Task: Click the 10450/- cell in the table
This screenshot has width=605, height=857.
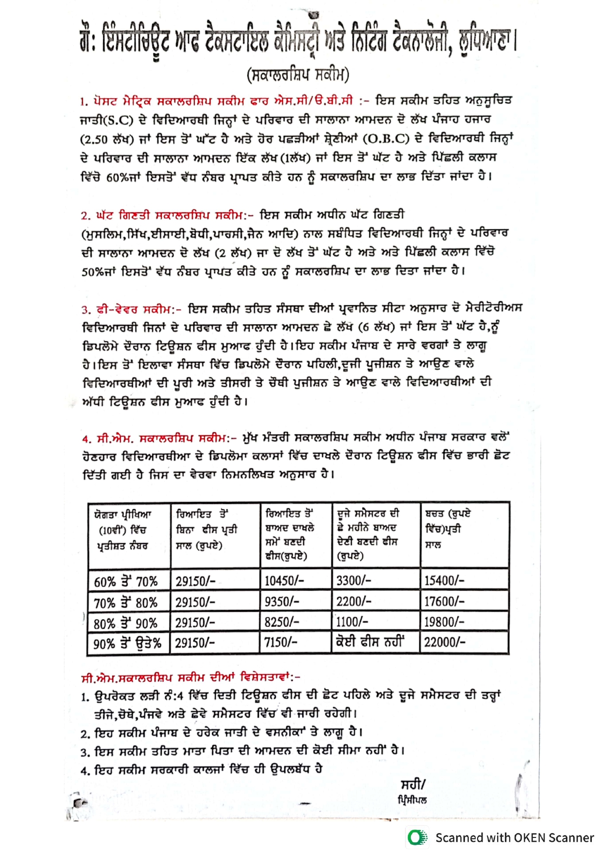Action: pyautogui.click(x=284, y=581)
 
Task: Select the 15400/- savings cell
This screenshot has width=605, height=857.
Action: pyautogui.click(x=444, y=580)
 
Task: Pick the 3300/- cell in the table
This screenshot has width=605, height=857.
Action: pyautogui.click(x=354, y=580)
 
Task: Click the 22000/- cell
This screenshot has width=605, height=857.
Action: pyautogui.click(x=444, y=642)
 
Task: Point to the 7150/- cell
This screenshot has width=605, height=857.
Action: pyautogui.click(x=281, y=642)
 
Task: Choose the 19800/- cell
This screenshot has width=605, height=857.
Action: pyautogui.click(x=444, y=622)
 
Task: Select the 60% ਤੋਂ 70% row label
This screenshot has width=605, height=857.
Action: pyautogui.click(x=126, y=582)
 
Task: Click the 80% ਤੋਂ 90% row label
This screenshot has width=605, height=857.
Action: pyautogui.click(x=125, y=624)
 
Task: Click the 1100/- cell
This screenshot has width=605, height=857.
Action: pyautogui.click(x=352, y=622)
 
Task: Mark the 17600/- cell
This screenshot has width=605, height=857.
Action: pyautogui.click(x=444, y=601)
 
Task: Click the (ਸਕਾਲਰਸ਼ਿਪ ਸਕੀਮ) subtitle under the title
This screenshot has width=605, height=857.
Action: pyautogui.click(x=298, y=75)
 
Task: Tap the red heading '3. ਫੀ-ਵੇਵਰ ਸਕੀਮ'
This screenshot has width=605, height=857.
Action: pyautogui.click(x=132, y=310)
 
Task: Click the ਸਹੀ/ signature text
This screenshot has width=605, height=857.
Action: pyautogui.click(x=413, y=784)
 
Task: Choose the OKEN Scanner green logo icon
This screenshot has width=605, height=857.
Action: pyautogui.click(x=417, y=837)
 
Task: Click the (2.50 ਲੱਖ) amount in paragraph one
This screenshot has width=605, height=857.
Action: pyautogui.click(x=107, y=139)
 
